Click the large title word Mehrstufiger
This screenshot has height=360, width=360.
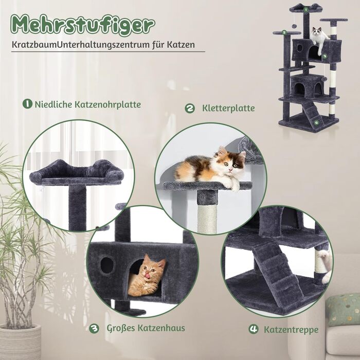click(x=83, y=25)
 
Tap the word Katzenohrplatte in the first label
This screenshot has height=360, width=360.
click(x=107, y=105)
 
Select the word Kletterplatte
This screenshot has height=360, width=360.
click(x=228, y=108)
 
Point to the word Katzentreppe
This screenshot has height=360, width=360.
click(x=291, y=330)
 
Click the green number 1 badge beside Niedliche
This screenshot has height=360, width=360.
click(x=27, y=104)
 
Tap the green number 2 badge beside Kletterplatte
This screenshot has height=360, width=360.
click(x=190, y=109)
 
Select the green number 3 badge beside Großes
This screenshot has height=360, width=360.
click(x=94, y=328)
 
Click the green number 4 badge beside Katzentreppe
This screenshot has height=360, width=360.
click(x=254, y=329)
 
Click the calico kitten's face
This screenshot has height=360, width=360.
click(x=231, y=163)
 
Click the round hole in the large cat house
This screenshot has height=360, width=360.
click(x=107, y=265)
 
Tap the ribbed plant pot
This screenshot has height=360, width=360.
click(x=20, y=342)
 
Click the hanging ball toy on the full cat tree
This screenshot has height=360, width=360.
click(x=294, y=26)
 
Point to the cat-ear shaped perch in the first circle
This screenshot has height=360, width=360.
click(x=77, y=172)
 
